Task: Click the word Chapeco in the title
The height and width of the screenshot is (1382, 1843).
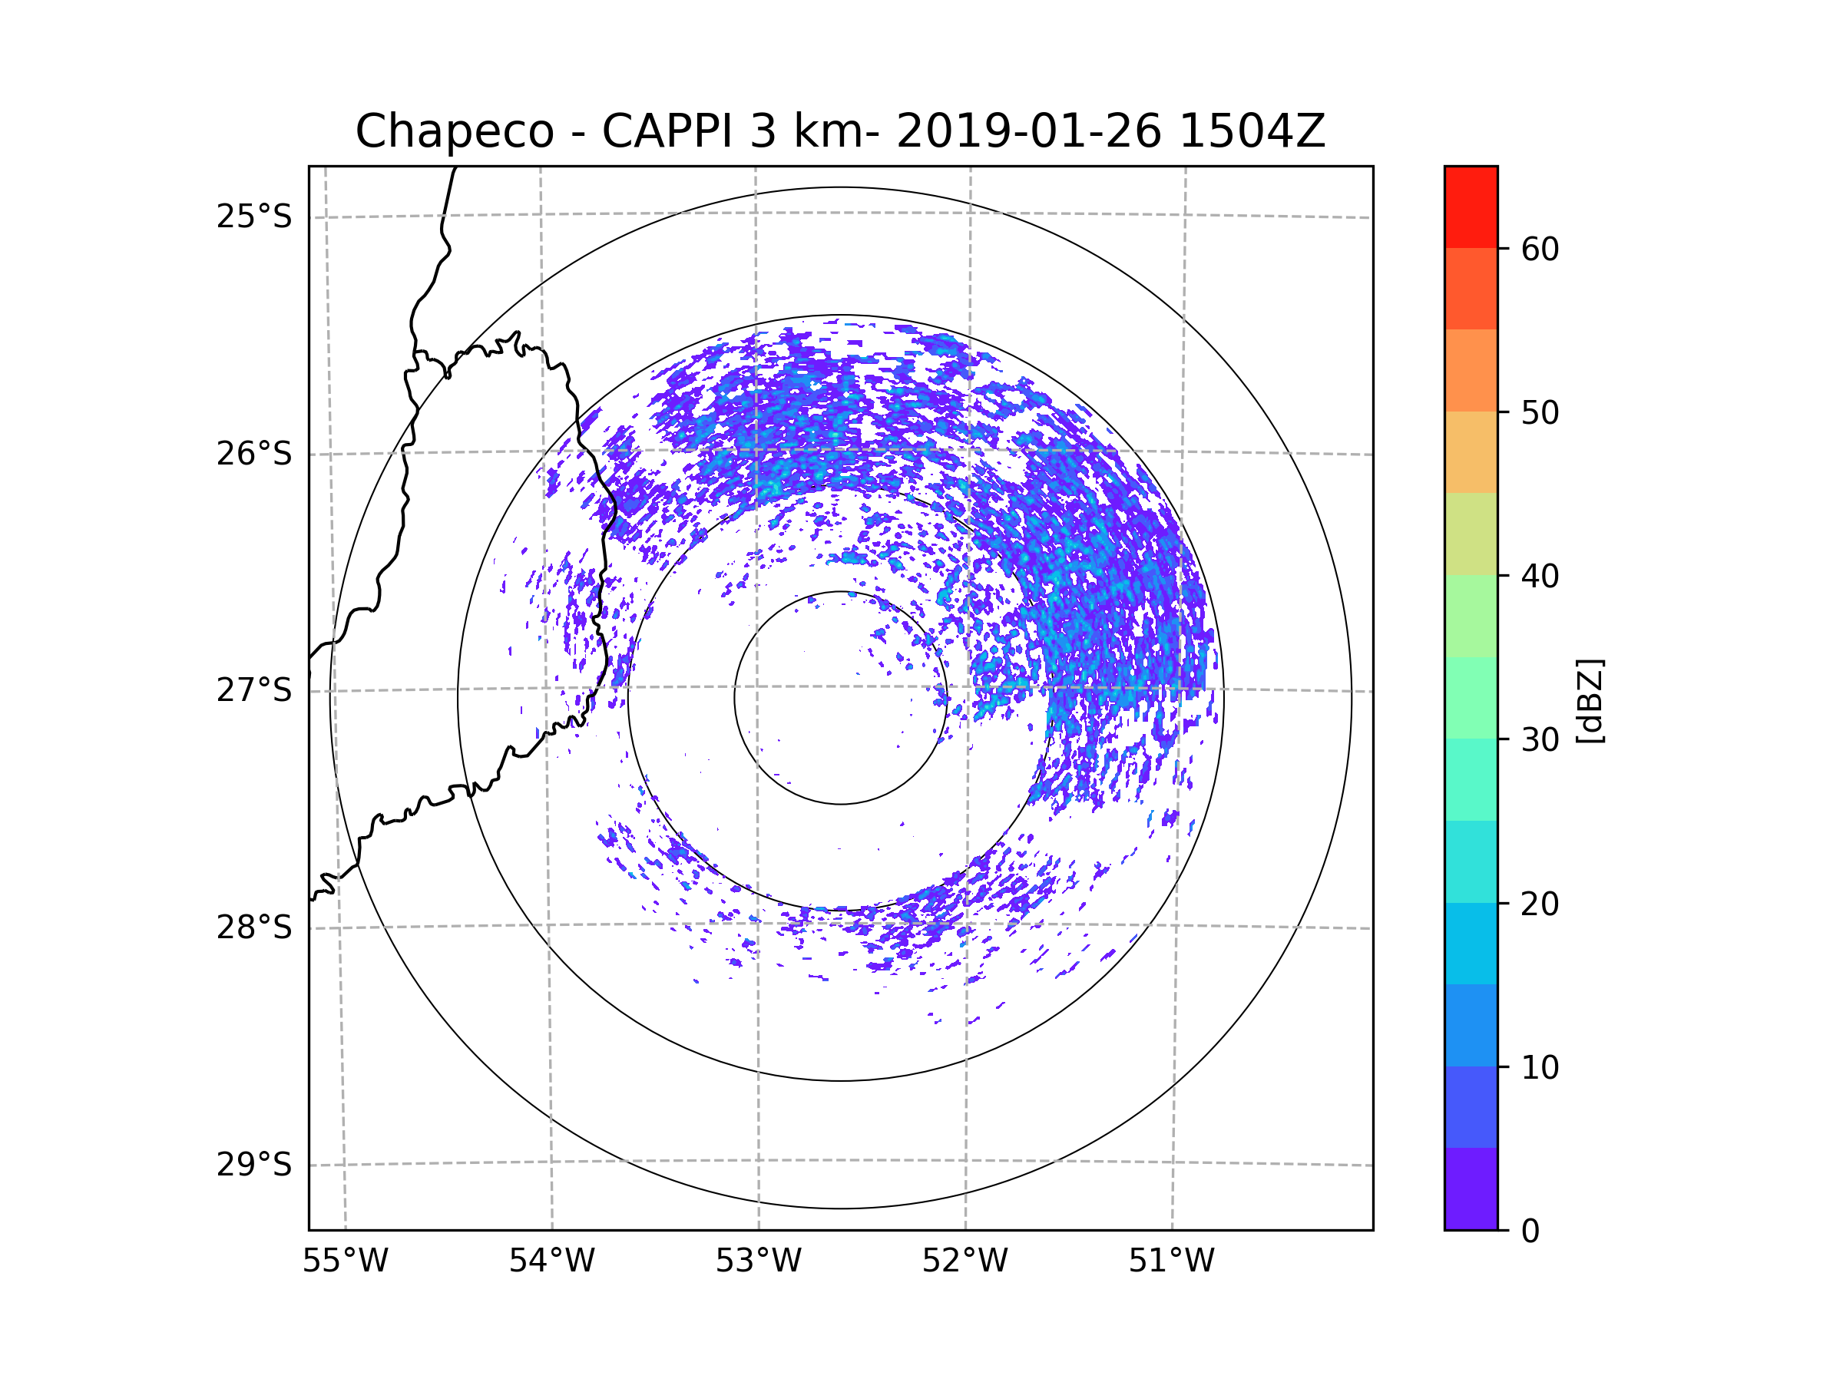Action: click(455, 131)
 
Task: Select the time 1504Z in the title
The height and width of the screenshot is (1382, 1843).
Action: click(1252, 131)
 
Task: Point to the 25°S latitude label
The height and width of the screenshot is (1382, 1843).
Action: click(254, 217)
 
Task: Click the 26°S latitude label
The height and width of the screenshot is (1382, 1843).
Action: click(254, 454)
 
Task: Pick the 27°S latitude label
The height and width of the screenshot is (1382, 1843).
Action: click(254, 690)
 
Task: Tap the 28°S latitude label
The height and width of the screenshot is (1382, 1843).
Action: click(254, 927)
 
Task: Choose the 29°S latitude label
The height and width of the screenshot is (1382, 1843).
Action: click(254, 1165)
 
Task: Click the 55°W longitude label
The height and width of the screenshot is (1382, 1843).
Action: click(345, 1261)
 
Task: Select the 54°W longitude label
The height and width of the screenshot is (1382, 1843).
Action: click(551, 1261)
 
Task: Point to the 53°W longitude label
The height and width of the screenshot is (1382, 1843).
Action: click(758, 1261)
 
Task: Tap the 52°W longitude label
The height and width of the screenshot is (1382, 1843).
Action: click(965, 1261)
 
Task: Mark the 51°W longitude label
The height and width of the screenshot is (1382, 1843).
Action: click(1171, 1261)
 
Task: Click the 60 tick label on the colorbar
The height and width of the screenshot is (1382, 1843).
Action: click(1540, 249)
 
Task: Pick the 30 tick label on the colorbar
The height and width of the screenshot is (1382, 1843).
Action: click(1540, 739)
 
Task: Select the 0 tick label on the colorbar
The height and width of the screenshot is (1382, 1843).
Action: click(1530, 1231)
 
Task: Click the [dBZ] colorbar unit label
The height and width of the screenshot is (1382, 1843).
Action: click(1590, 700)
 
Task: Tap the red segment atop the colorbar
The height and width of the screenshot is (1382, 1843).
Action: click(1471, 207)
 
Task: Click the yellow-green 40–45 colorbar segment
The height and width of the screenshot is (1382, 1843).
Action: click(1471, 534)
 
